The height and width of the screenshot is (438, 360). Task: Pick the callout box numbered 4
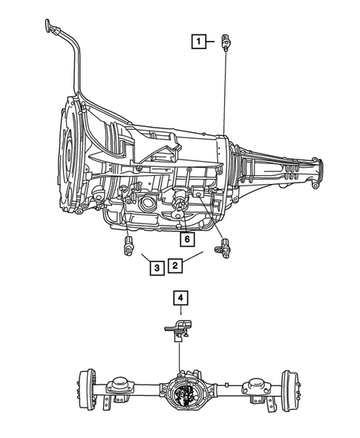pyautogui.click(x=180, y=298)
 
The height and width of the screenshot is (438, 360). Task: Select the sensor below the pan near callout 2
pyautogui.click(x=221, y=247)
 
